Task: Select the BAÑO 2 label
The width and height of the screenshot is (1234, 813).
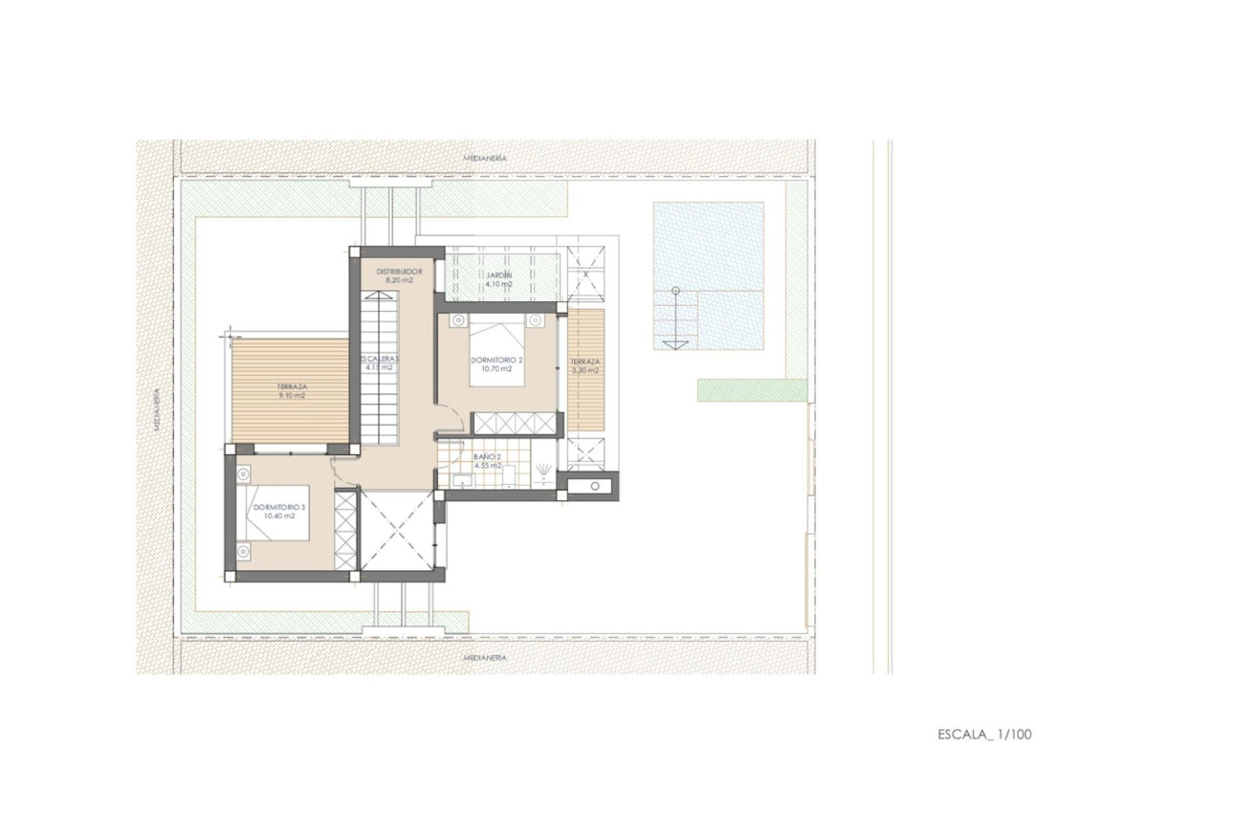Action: [488, 458]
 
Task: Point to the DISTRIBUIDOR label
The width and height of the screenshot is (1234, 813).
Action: [399, 271]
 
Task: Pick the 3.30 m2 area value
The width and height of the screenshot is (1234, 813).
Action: [584, 370]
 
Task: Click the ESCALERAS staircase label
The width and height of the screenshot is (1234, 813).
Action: [378, 361]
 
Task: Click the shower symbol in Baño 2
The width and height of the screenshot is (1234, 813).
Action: [543, 471]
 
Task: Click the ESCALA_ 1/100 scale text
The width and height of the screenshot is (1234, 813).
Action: [984, 735]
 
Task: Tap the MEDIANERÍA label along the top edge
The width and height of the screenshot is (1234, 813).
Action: [484, 157]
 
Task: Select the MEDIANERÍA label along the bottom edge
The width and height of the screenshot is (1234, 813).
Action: [484, 658]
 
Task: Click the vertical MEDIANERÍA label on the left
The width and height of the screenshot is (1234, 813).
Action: [158, 408]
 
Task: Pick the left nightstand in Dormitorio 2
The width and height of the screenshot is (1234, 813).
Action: [458, 320]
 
